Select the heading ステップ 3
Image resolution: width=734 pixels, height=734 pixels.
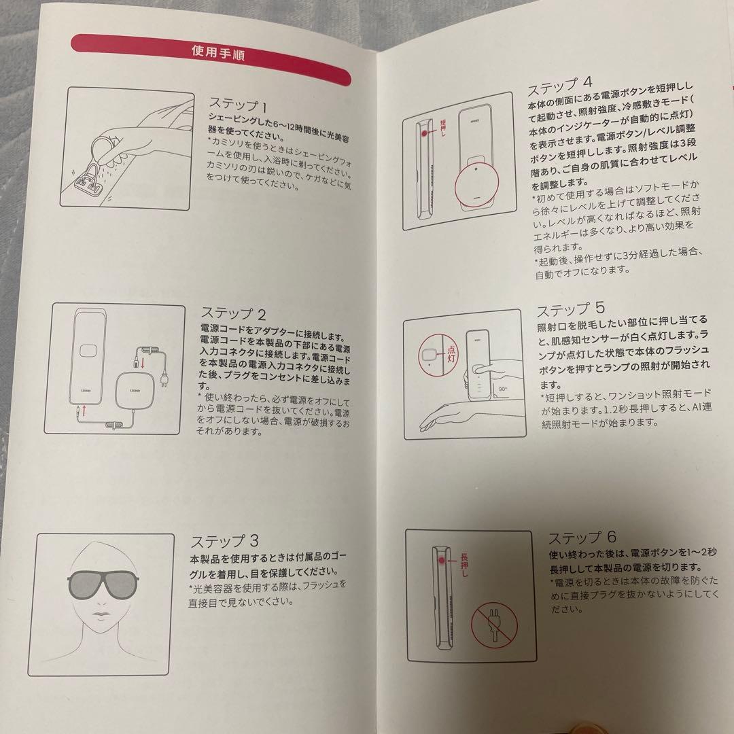pos(224,541)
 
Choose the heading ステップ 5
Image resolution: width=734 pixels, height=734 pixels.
pos(570,309)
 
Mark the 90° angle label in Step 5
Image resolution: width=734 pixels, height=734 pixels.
pos(504,389)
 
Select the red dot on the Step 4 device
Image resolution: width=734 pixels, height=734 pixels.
pos(425,134)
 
